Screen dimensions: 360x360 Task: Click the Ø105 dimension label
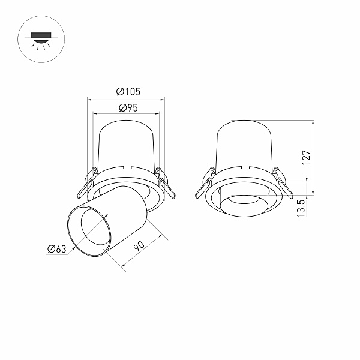click(x=128, y=92)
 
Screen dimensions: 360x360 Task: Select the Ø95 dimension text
click(x=128, y=107)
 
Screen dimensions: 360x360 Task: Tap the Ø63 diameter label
click(x=57, y=249)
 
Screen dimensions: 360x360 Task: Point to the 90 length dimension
click(x=139, y=246)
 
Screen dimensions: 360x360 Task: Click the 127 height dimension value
click(x=306, y=157)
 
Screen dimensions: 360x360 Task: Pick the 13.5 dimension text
click(x=301, y=208)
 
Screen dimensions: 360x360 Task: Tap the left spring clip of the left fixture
click(x=87, y=183)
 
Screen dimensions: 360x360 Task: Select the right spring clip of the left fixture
click(x=166, y=183)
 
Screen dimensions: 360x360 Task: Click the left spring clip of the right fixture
click(x=205, y=183)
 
